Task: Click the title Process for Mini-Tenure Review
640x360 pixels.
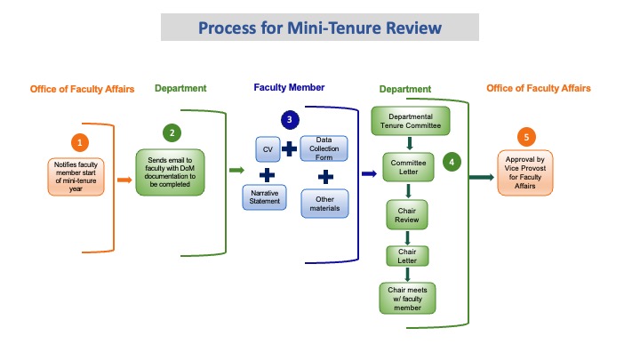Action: [x=320, y=28]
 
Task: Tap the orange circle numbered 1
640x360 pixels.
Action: [x=81, y=142]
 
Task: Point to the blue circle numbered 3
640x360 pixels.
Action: [x=287, y=119]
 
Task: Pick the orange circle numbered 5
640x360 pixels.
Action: [x=527, y=137]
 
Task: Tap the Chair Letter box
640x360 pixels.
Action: [x=406, y=257]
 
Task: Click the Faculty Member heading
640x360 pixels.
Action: [x=289, y=87]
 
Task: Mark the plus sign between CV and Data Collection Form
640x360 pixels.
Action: [x=289, y=148]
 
